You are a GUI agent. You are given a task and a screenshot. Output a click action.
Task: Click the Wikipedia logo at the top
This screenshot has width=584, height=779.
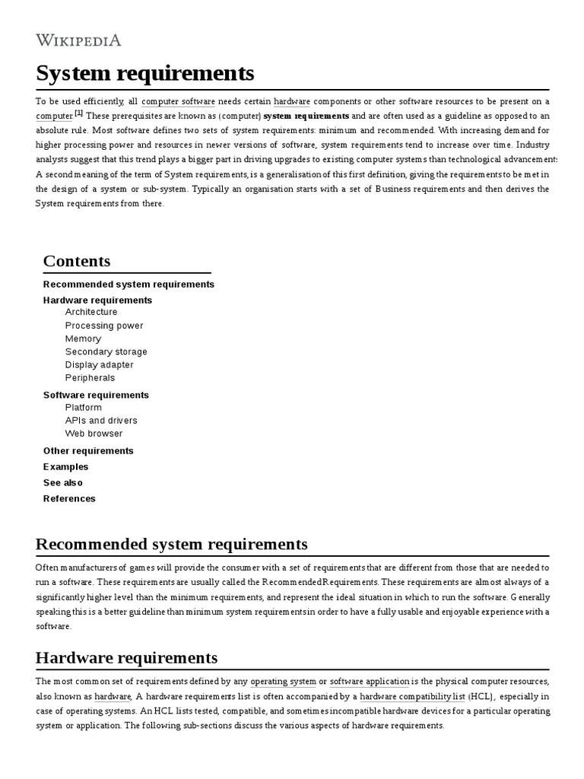point(78,40)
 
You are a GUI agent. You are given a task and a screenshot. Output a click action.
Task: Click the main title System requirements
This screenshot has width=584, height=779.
point(144,74)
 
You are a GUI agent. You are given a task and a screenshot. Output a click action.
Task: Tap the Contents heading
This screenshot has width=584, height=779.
point(77,261)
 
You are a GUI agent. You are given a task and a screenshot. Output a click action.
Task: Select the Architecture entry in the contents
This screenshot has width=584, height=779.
point(91,312)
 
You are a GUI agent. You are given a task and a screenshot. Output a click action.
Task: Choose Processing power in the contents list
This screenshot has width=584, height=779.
point(104,326)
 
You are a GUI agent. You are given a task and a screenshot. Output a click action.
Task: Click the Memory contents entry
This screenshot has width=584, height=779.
point(83,339)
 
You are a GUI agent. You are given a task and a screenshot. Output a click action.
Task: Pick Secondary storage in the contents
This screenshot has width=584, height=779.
point(106,351)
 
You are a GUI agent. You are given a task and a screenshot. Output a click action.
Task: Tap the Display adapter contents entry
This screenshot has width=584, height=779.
point(99,364)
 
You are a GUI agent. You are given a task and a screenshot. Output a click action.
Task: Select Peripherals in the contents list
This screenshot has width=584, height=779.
point(90,377)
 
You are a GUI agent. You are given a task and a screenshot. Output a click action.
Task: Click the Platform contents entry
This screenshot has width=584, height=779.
point(84,407)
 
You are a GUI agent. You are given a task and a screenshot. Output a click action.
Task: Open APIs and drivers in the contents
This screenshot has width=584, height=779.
point(101,420)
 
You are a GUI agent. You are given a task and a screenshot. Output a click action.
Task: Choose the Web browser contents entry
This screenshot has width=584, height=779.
point(94,434)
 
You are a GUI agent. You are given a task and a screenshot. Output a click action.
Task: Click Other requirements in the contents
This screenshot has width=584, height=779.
point(88,450)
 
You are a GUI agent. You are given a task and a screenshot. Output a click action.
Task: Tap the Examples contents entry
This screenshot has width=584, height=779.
point(66,466)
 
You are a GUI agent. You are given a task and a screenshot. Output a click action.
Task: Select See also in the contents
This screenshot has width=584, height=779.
point(63,482)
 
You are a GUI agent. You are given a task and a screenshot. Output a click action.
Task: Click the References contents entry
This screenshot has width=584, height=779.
point(69,498)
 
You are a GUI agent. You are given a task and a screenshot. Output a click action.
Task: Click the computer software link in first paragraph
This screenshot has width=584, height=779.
point(178,101)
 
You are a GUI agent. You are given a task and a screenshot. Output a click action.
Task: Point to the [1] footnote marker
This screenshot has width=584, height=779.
point(79,114)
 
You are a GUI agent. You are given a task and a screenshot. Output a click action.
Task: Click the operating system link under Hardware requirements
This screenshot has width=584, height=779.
point(283,682)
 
